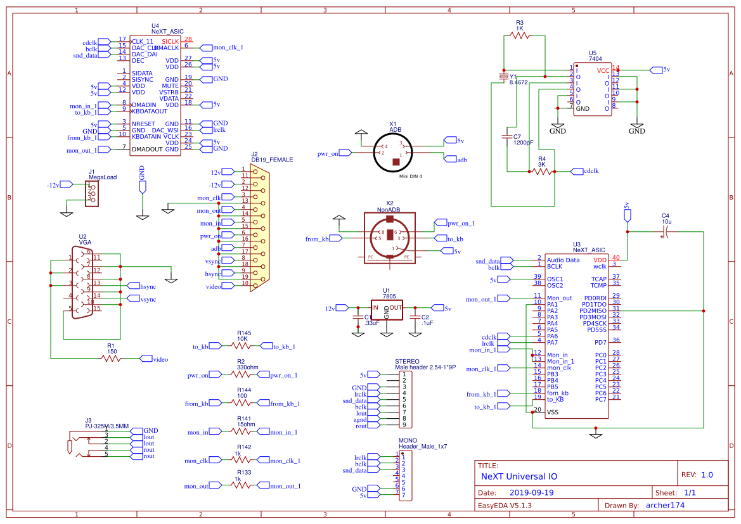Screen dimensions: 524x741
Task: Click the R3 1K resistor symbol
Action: tap(520, 36)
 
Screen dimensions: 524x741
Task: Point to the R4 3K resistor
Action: tap(542, 171)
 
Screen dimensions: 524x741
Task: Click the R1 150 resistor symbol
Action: tap(112, 359)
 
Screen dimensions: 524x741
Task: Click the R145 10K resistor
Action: tap(243, 347)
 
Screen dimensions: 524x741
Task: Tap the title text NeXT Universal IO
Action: tap(519, 475)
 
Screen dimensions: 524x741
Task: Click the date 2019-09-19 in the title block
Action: tap(531, 492)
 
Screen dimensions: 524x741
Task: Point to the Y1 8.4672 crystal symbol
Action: tap(504, 77)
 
